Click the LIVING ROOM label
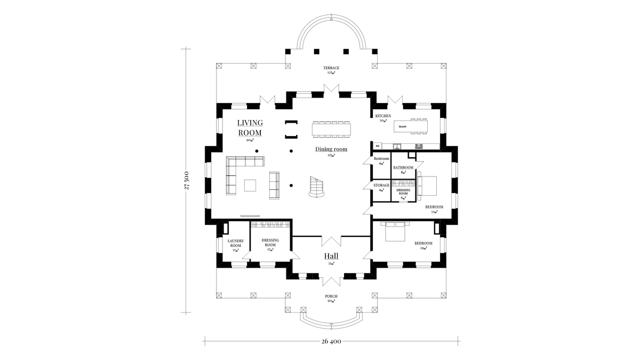[x=250, y=127]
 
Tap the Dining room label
[x=331, y=149]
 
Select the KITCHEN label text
[x=383, y=116]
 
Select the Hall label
[x=331, y=256]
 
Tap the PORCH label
[x=331, y=296]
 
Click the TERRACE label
[x=331, y=68]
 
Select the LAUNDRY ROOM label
[x=236, y=243]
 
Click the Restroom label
[x=381, y=159]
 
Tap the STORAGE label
[x=381, y=185]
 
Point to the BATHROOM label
[x=403, y=167]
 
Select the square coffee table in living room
[x=251, y=185]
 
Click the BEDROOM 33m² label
[x=434, y=207]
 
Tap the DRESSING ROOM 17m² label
[x=270, y=243]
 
